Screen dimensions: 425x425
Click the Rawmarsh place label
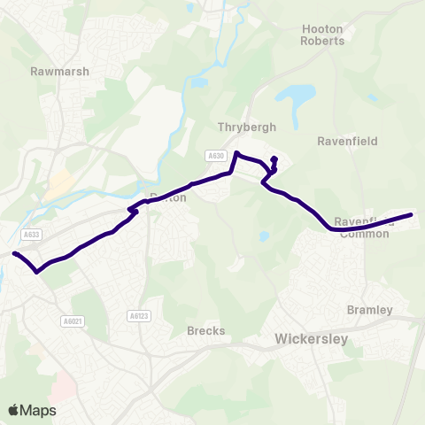pyautogui.click(x=59, y=71)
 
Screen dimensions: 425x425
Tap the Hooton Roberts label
pyautogui.click(x=322, y=35)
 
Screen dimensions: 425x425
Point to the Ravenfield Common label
pyautogui.click(x=365, y=228)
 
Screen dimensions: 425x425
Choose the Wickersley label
pyautogui.click(x=312, y=338)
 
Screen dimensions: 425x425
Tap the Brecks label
pyautogui.click(x=206, y=330)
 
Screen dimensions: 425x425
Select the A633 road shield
pyautogui.click(x=32, y=235)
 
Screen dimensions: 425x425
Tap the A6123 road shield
pyautogui.click(x=136, y=315)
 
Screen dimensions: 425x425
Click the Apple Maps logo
pyautogui.click(x=32, y=410)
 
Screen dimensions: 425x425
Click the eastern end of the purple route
pyautogui.click(x=411, y=214)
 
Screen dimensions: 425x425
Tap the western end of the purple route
pyautogui.click(x=14, y=254)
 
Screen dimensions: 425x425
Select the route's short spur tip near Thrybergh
pyautogui.click(x=274, y=158)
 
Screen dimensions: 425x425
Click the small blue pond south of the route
pyautogui.click(x=264, y=236)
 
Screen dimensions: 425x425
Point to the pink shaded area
pyautogui.click(x=64, y=384)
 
